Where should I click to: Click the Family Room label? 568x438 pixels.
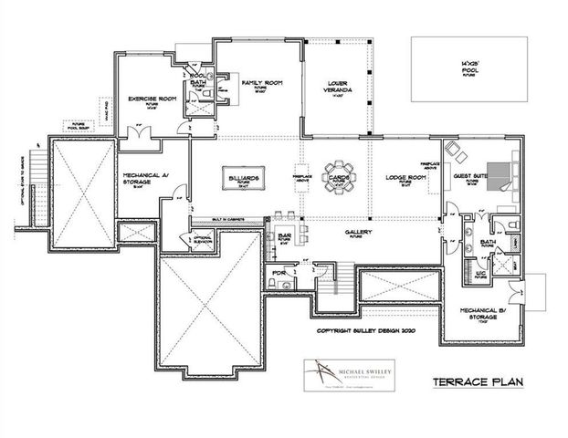(261, 84)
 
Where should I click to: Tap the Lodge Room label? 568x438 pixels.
(401, 177)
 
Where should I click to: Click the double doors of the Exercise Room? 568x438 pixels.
(138, 134)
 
